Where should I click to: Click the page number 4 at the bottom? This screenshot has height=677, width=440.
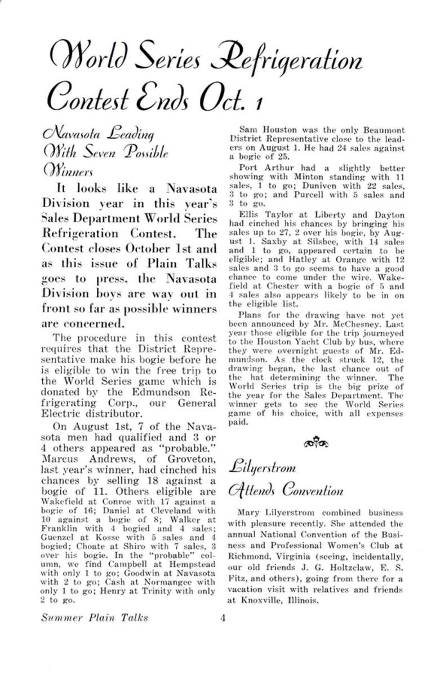tap(223, 617)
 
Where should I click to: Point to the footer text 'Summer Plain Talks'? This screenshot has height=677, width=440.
tap(95, 617)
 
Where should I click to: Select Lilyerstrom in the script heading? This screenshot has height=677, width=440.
tap(262, 467)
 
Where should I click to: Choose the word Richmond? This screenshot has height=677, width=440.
tap(251, 557)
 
